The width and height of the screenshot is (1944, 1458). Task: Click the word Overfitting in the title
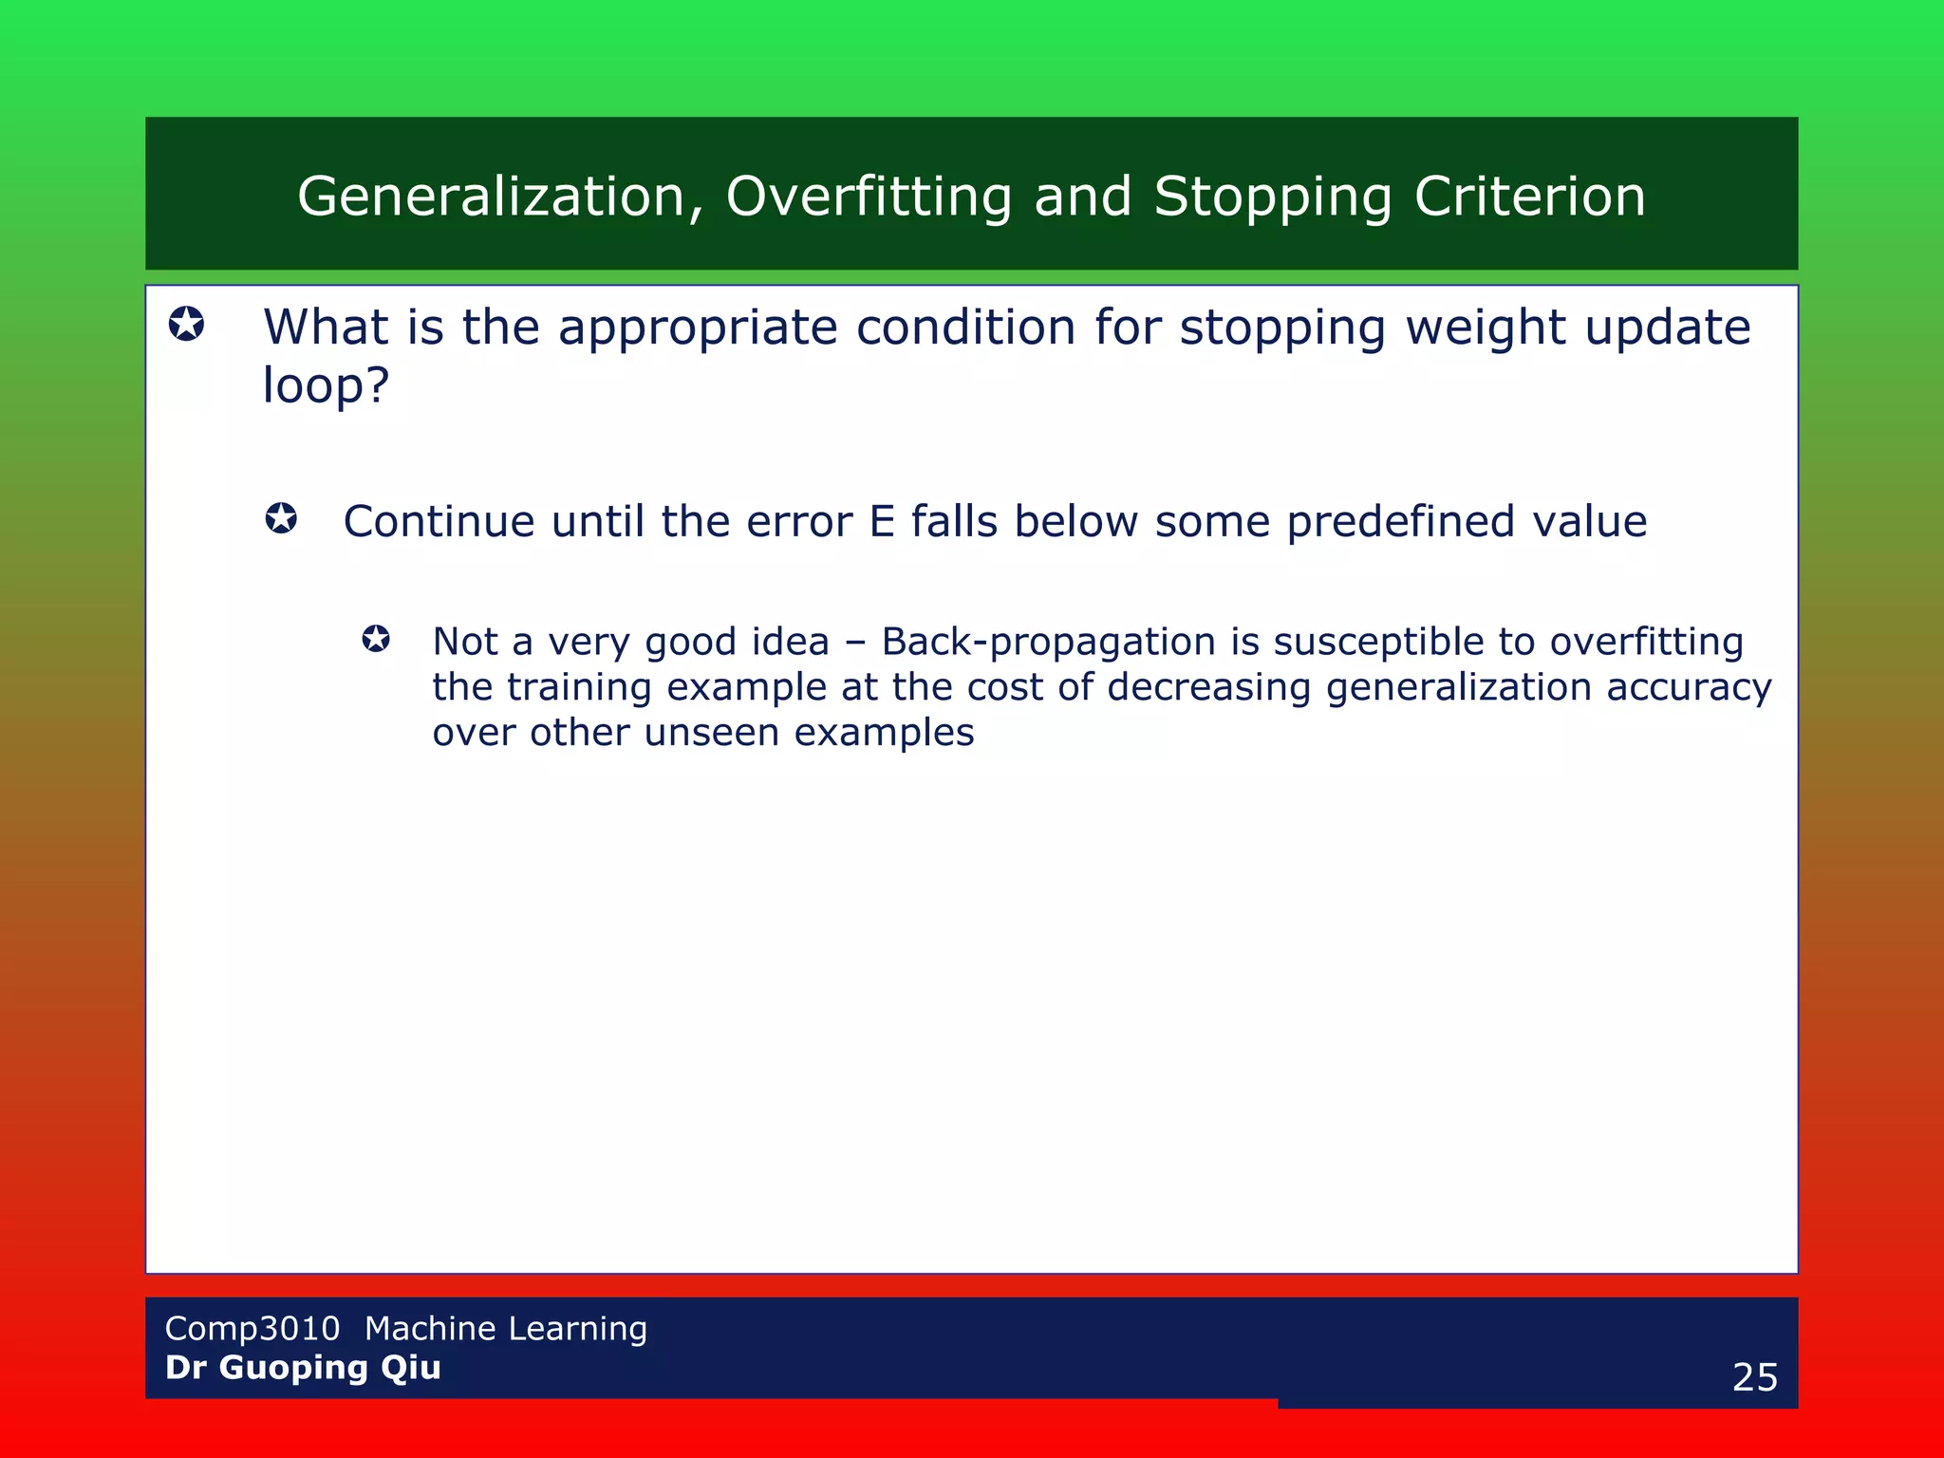tap(869, 196)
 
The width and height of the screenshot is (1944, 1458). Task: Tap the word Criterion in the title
tap(1529, 196)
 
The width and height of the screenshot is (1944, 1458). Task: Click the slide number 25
tap(1754, 1377)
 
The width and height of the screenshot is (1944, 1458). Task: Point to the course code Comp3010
tap(252, 1328)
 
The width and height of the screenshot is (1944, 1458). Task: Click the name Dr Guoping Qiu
tap(303, 1368)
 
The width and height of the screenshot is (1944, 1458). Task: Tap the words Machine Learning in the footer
tap(505, 1328)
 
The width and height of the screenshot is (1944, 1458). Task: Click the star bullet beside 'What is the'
tap(186, 325)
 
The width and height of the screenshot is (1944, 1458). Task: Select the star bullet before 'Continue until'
tap(281, 519)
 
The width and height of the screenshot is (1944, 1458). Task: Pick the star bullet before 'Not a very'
tap(376, 639)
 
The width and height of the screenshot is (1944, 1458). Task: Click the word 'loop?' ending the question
tap(326, 385)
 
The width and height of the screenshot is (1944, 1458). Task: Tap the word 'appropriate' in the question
tap(697, 327)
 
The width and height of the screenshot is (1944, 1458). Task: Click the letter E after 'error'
tap(882, 521)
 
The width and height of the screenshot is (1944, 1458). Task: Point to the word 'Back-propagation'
tap(1048, 642)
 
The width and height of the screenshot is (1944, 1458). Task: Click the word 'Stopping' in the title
tap(1272, 196)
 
